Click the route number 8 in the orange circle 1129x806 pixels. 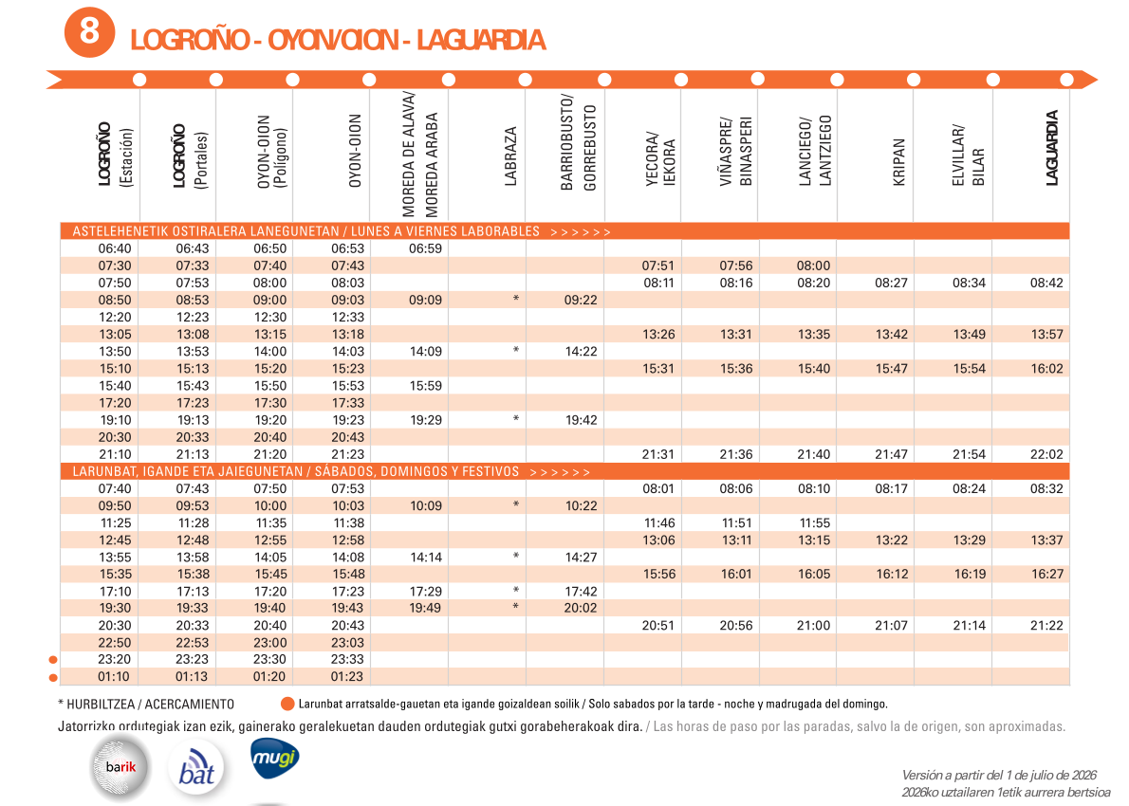(x=89, y=31)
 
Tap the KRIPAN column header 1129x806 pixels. (x=898, y=162)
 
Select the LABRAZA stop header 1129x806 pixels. (x=510, y=156)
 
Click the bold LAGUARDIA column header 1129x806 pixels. (x=1052, y=148)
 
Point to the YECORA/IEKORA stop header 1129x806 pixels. (x=660, y=159)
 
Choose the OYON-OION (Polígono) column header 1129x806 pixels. (x=271, y=152)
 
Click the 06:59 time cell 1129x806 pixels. (x=426, y=248)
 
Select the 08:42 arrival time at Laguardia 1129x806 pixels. (x=1046, y=283)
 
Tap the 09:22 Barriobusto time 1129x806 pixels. (x=581, y=300)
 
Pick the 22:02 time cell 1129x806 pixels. (x=1046, y=454)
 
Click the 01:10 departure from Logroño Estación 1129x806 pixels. (x=115, y=676)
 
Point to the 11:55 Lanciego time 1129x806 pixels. (x=814, y=523)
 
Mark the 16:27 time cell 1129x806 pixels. (x=1046, y=575)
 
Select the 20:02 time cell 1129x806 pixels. (x=581, y=608)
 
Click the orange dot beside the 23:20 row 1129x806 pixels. (x=52, y=660)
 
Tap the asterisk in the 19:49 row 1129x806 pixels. (x=515, y=607)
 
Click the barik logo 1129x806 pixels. (x=120, y=767)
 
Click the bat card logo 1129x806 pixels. (x=196, y=767)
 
